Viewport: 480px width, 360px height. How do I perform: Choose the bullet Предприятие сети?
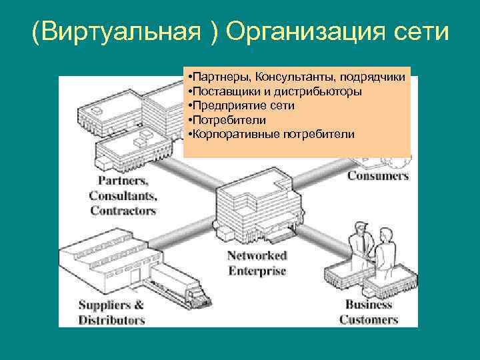[242, 105]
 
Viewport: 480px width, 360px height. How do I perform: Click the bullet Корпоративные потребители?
[272, 135]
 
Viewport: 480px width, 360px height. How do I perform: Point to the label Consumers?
[377, 176]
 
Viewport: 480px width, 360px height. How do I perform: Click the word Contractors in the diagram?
[123, 211]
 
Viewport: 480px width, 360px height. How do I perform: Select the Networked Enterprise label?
[257, 263]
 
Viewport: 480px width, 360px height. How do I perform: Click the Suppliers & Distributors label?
[111, 313]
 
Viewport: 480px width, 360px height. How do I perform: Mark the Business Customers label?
[368, 312]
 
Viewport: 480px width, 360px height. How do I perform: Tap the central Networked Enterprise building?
[253, 207]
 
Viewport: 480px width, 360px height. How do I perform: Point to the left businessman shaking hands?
[358, 244]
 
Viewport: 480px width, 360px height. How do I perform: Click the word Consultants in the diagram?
[123, 196]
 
